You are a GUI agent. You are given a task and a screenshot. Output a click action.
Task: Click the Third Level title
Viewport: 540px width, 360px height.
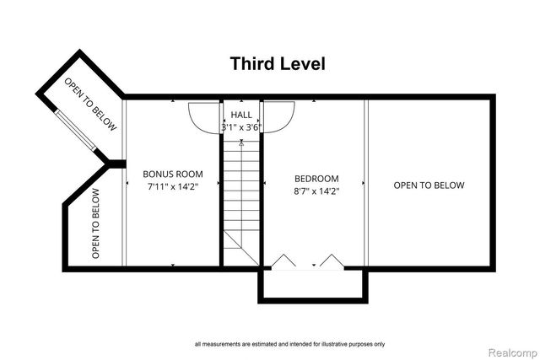278,64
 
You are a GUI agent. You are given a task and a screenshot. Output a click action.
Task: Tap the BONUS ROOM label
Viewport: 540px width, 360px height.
173,174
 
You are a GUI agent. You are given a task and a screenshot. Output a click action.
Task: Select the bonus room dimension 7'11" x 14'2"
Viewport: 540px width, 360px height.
173,186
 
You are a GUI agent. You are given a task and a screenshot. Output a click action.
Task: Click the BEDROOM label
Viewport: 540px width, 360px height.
316,179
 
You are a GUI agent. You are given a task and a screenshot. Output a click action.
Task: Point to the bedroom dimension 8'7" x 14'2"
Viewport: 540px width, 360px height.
316,191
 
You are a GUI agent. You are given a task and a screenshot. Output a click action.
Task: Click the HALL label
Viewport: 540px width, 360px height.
241,115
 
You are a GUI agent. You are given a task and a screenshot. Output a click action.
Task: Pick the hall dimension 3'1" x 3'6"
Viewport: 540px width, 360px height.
241,127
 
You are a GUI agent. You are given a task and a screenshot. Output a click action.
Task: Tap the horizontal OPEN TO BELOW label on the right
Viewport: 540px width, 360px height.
429,185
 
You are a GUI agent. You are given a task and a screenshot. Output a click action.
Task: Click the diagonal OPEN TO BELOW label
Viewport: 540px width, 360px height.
90,104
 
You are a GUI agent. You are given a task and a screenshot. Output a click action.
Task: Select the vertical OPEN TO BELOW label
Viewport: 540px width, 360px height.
95,223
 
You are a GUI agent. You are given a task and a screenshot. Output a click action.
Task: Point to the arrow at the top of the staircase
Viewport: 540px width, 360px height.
241,142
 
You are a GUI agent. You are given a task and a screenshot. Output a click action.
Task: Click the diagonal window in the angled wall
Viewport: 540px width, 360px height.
76,130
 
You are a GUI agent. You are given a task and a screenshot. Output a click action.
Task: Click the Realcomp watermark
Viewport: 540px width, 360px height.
512,352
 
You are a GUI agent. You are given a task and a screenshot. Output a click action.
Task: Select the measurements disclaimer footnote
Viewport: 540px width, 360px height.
289,344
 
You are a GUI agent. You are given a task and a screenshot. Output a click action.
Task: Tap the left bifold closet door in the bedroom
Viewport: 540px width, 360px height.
283,260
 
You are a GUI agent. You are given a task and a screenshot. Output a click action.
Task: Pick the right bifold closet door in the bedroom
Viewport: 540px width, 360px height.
332,260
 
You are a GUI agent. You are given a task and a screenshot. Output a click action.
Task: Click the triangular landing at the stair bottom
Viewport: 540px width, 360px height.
241,248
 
